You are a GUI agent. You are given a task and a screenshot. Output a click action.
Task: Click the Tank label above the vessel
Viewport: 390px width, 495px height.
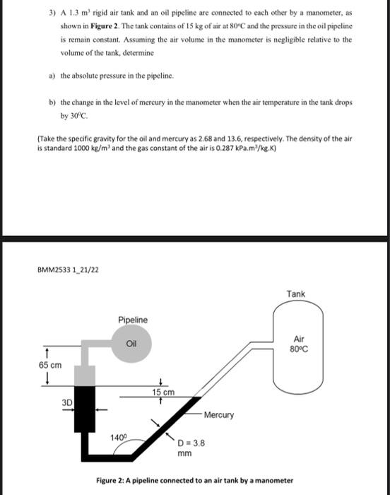(x=296, y=293)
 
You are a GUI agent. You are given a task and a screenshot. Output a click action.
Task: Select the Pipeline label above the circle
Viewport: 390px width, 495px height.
(x=133, y=320)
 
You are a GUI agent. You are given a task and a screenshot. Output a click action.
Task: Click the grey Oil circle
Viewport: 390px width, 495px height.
(x=131, y=344)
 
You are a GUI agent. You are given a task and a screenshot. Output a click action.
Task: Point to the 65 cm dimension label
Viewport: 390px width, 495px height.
(x=49, y=365)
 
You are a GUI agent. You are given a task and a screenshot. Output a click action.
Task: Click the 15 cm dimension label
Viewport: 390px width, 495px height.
(x=163, y=390)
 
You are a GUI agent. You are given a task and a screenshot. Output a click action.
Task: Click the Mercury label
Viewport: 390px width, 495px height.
(x=219, y=415)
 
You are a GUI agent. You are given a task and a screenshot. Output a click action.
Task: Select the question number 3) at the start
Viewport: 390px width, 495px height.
(x=52, y=13)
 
